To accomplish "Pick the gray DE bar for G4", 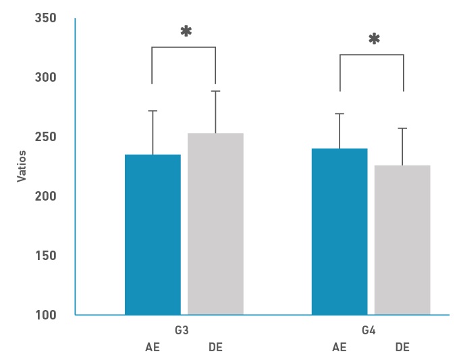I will pos(402,240).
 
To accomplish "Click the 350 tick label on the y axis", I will pos(45,18).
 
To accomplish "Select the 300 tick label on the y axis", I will pos(45,78).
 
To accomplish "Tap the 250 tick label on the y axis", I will pos(45,137).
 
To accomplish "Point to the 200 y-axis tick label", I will pos(45,197).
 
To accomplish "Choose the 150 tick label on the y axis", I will pos(45,256).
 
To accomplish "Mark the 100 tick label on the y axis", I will pos(45,315).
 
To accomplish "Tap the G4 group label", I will pos(369,331).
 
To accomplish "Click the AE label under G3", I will pos(153,348).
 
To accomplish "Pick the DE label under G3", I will pos(215,348).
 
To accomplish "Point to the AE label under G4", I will pos(340,348).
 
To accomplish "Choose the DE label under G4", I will pos(402,348).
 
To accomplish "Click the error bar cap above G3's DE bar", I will pos(215,91).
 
